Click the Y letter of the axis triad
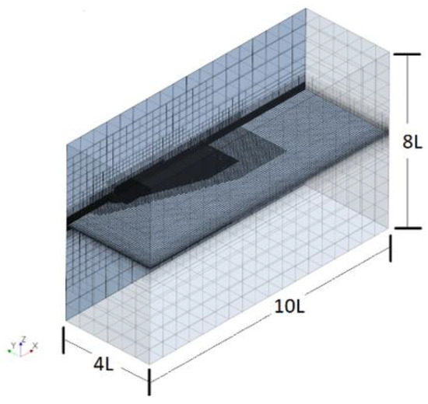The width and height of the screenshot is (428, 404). [11, 343]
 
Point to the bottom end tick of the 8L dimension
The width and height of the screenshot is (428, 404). [394, 228]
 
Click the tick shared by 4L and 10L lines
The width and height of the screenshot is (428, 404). [148, 377]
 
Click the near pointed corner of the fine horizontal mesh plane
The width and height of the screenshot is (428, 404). [156, 267]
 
